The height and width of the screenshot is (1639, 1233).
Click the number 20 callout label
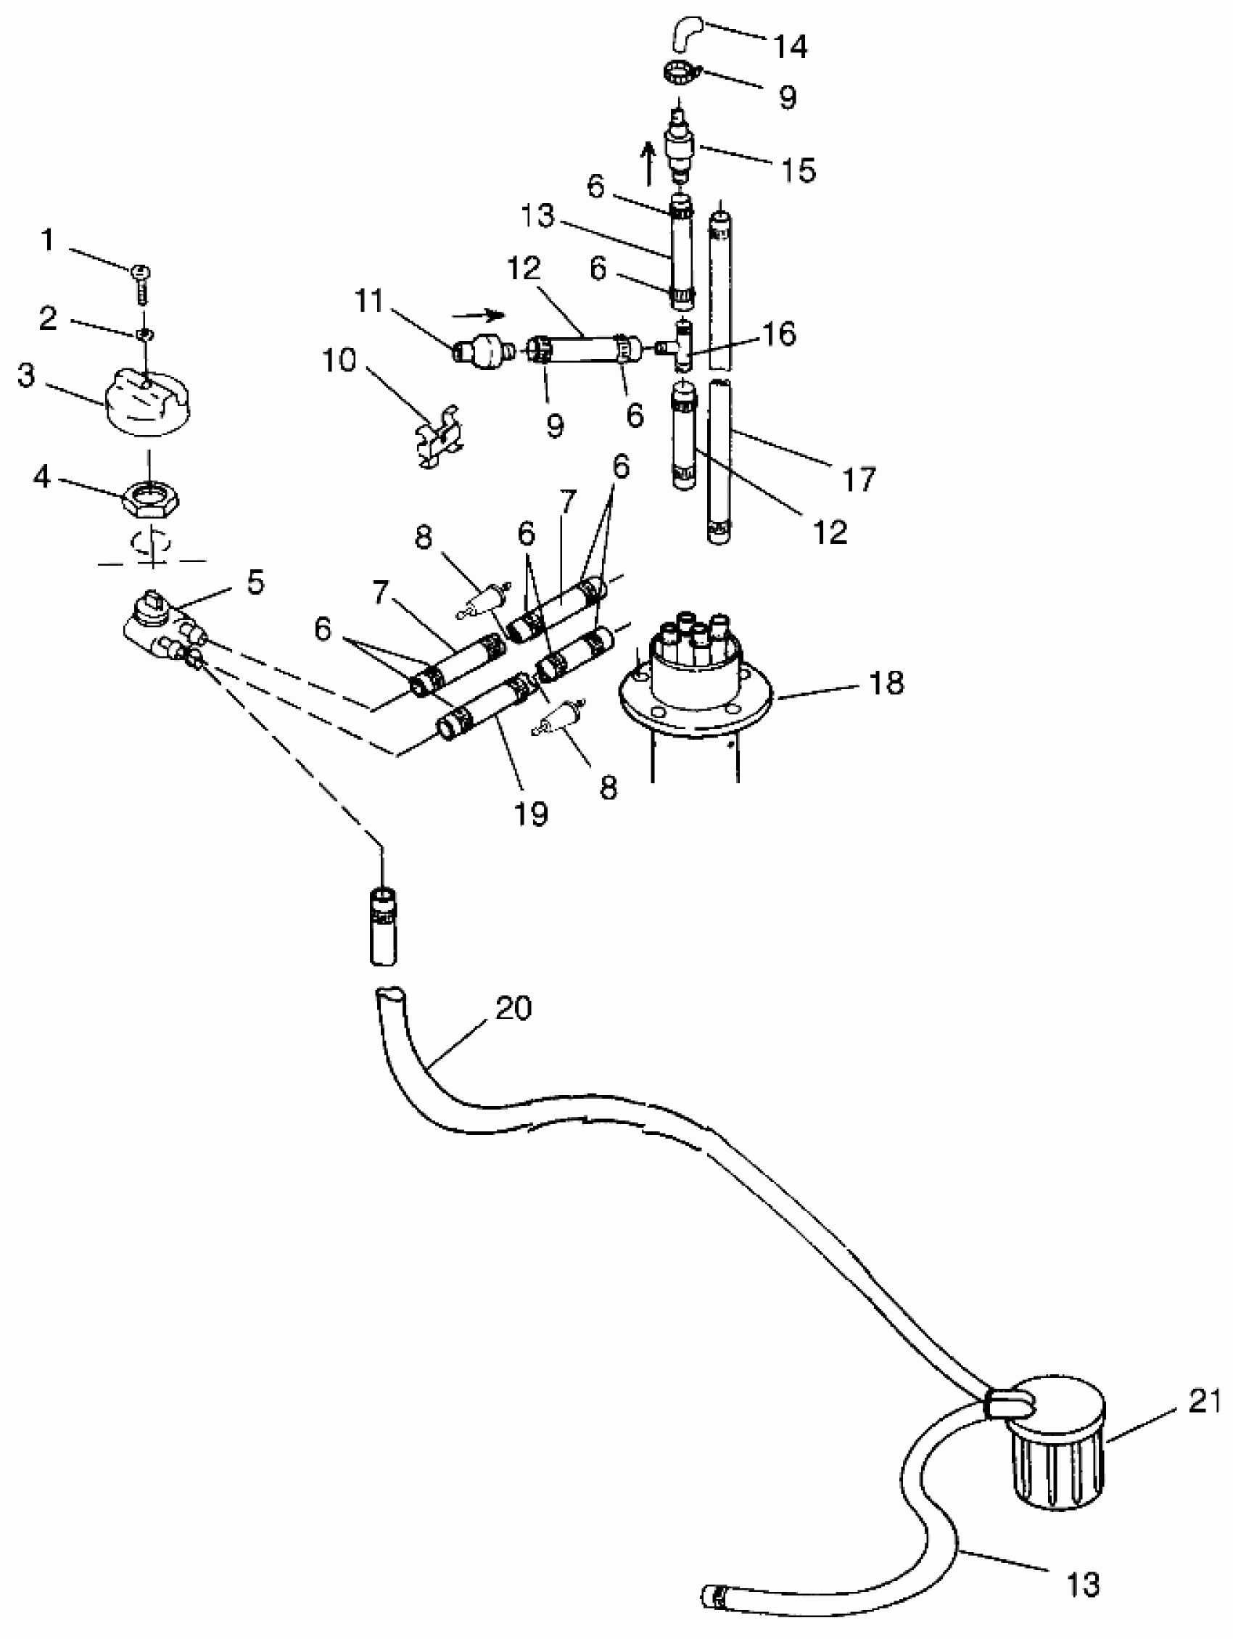[x=513, y=1009]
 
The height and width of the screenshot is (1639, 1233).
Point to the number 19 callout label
[x=530, y=814]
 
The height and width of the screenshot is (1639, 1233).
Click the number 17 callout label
[x=859, y=479]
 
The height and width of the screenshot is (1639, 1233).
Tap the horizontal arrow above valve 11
[x=479, y=315]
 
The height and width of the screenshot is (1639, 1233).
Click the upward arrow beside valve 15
[x=648, y=164]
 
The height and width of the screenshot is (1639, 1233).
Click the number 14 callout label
[x=790, y=46]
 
